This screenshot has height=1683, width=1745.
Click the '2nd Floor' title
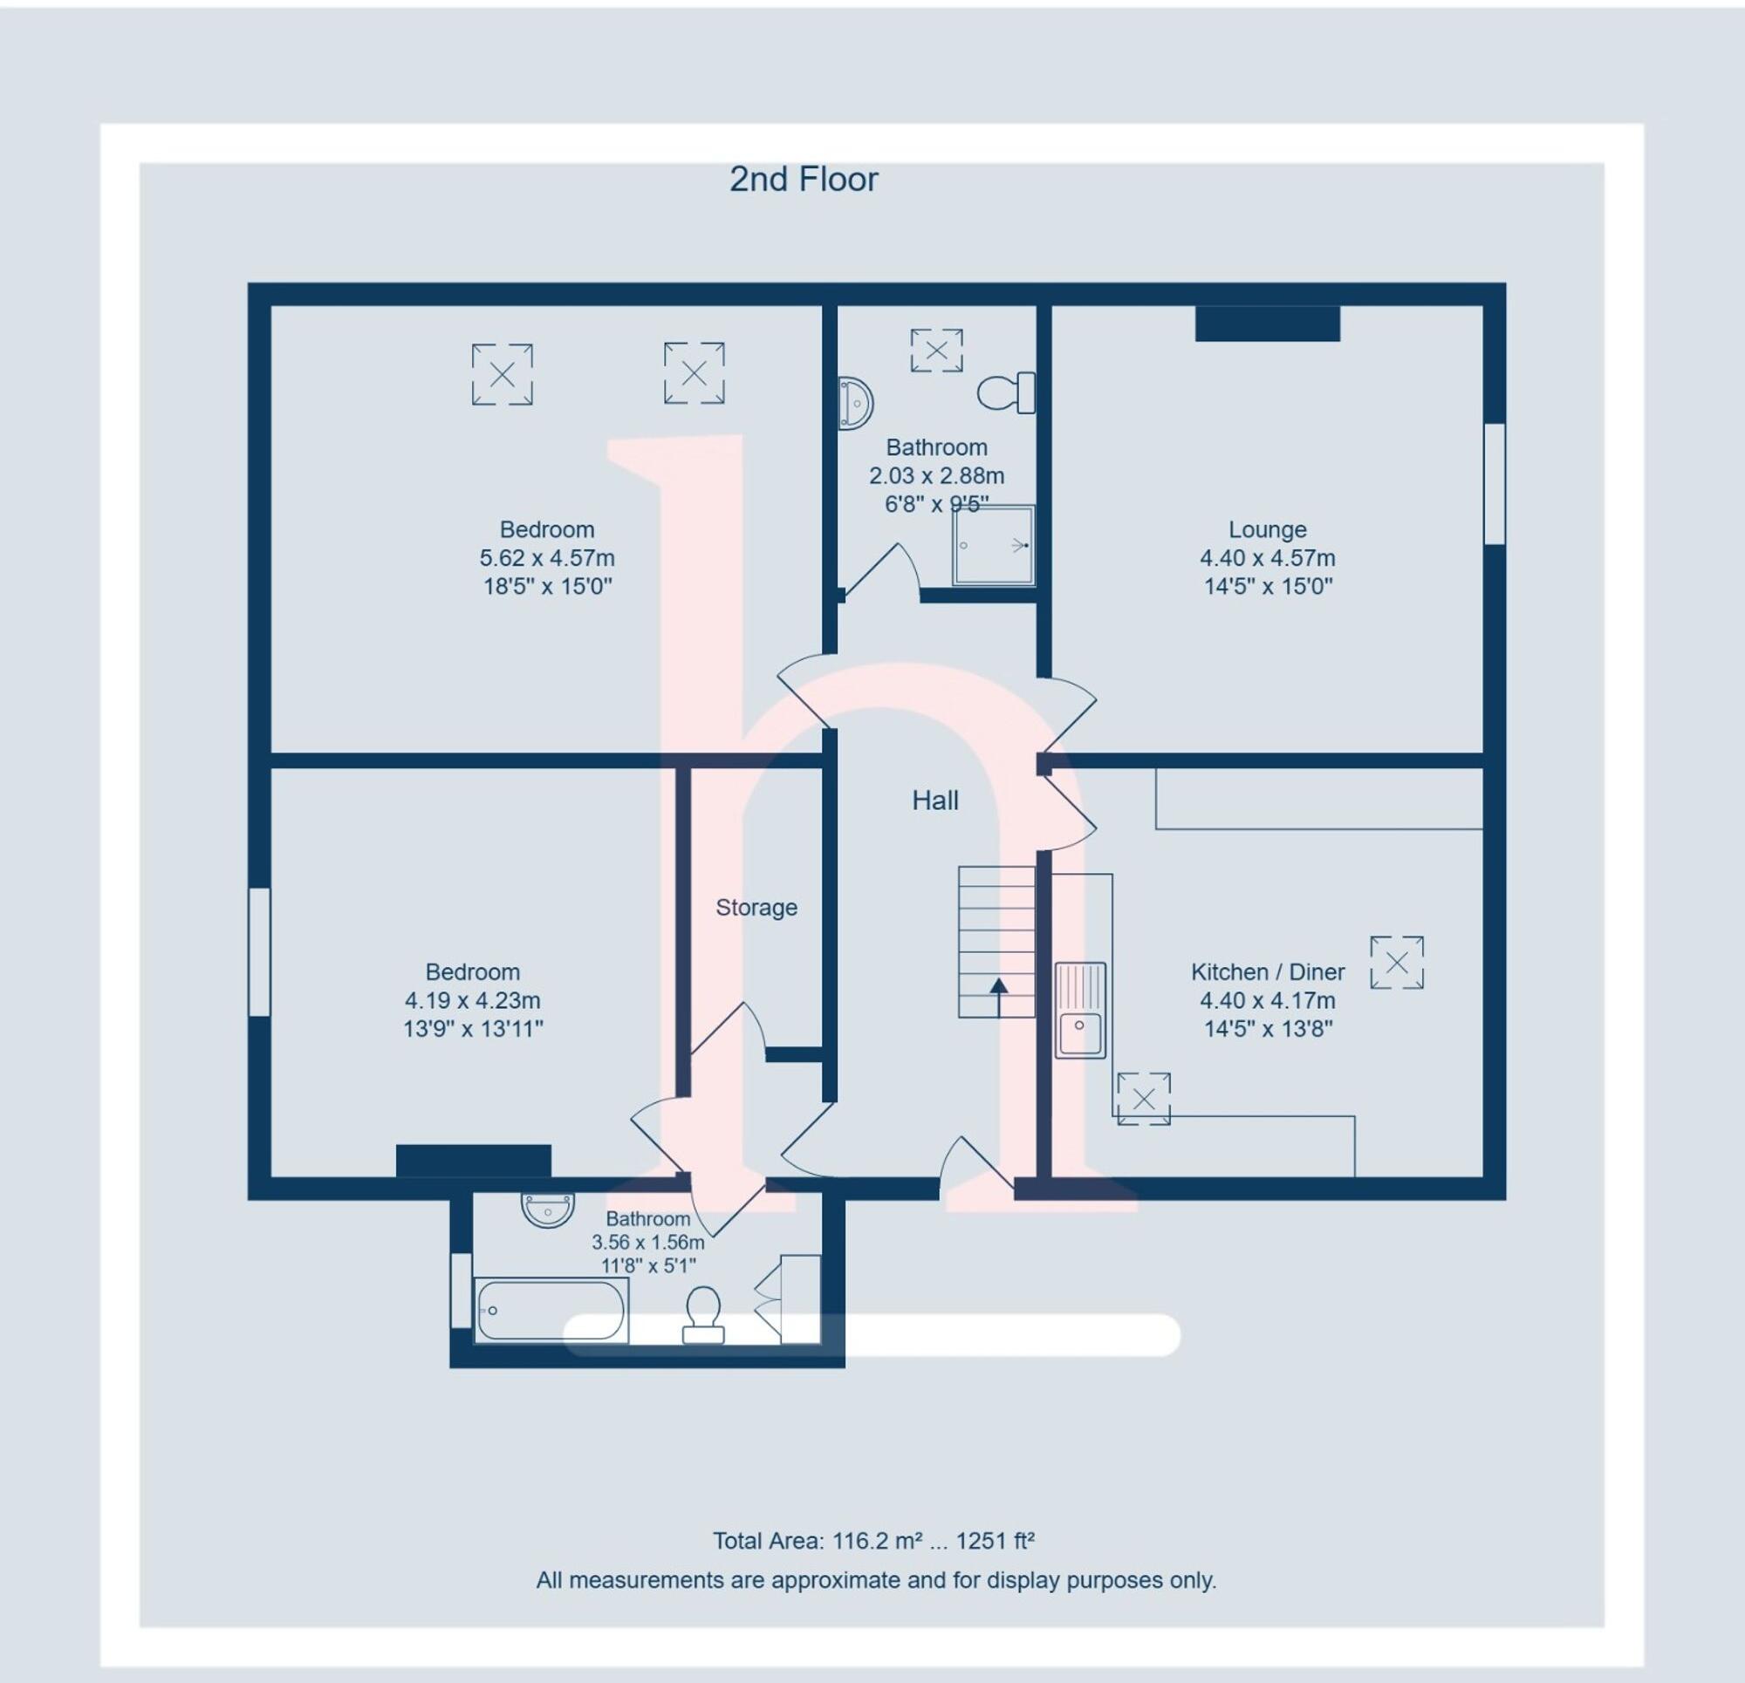coord(803,180)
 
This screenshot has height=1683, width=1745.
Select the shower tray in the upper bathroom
coord(993,546)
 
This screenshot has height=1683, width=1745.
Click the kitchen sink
coord(1079,1010)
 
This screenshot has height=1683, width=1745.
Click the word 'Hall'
coord(934,801)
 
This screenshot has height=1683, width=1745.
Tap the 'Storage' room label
coord(756,907)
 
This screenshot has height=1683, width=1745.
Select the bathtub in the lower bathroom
coord(551,1310)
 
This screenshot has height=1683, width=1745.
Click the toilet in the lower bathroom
coord(703,1312)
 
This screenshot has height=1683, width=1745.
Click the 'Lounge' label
coord(1267,529)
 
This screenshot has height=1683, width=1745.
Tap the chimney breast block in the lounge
coord(1267,323)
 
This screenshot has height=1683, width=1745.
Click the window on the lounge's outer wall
coord(1494,483)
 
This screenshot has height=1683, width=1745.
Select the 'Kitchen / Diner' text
coord(1267,972)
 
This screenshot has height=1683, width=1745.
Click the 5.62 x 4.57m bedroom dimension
coord(547,558)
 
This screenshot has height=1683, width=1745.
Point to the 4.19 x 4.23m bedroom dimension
coord(472,1000)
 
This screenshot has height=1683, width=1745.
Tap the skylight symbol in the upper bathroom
coord(935,350)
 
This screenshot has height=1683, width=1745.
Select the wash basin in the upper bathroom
coord(855,403)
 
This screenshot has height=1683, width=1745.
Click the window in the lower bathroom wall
coord(461,1290)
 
